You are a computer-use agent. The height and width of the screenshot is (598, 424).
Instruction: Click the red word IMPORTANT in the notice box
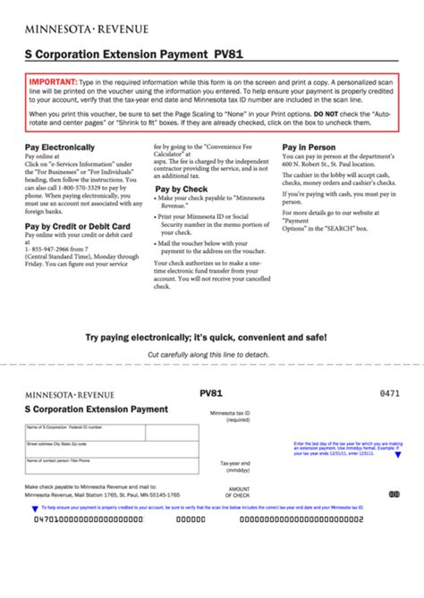pyautogui.click(x=52, y=82)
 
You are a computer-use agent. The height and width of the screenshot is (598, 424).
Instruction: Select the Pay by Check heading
pyautogui.click(x=182, y=190)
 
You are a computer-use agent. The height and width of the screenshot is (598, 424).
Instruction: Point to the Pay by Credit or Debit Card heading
pyautogui.click(x=78, y=226)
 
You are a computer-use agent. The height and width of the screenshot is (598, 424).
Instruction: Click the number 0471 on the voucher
pyautogui.click(x=390, y=393)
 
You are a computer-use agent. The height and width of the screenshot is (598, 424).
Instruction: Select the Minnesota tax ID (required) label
pyautogui.click(x=231, y=417)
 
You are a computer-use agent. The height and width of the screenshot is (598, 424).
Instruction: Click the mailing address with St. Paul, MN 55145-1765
pyautogui.click(x=102, y=494)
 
